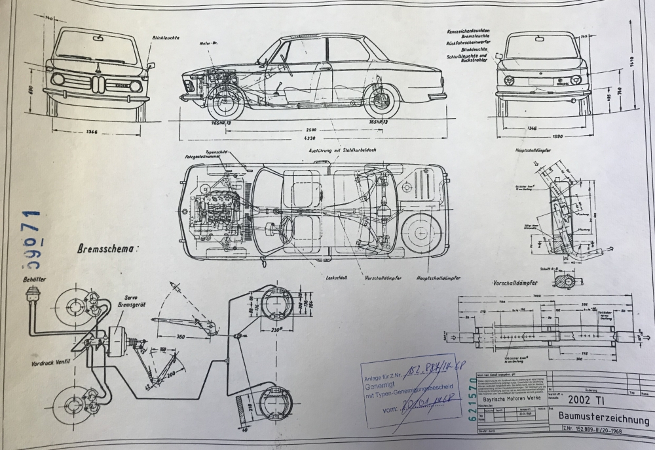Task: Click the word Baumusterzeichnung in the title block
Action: pos(603,419)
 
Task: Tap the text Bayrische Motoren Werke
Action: pos(512,399)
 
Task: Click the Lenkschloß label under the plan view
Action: pos(335,278)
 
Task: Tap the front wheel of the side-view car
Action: pos(225,102)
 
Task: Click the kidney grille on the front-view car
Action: pos(97,83)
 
